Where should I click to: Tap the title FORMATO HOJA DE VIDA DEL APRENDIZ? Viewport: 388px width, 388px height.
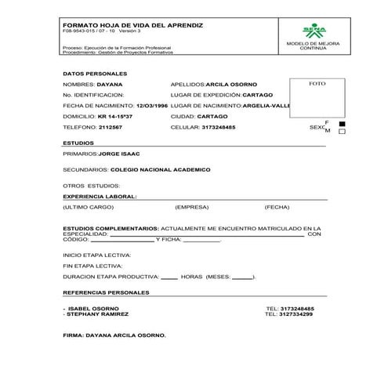pyautogui.click(x=132, y=26)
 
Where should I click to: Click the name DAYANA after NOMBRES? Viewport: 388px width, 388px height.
pyautogui.click(x=111, y=82)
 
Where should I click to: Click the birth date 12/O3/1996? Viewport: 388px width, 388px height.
pyautogui.click(x=151, y=104)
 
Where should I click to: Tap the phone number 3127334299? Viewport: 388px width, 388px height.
pyautogui.click(x=290, y=314)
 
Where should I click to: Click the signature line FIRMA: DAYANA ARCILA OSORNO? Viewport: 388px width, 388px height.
pyautogui.click(x=114, y=335)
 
